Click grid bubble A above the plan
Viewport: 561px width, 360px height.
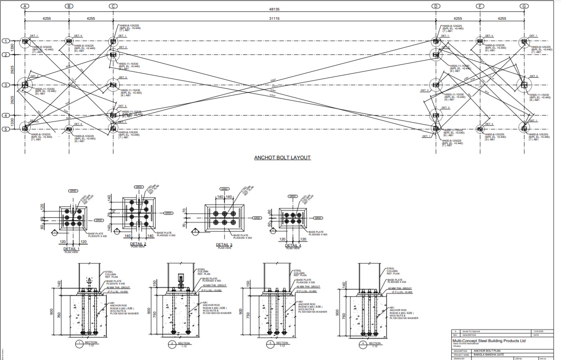coord(25,6)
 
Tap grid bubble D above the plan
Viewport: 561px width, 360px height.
coord(436,6)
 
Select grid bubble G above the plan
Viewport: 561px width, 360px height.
coord(524,6)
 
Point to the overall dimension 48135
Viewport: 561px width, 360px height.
coord(274,9)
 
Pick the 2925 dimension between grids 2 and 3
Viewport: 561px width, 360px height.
coord(13,70)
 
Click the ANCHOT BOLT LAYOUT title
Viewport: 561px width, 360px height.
coord(282,158)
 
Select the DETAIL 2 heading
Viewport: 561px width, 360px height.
coord(138,244)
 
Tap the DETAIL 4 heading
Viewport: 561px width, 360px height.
coord(293,245)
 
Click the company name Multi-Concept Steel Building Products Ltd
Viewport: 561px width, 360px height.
coord(489,341)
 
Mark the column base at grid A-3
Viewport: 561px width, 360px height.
coord(25,85)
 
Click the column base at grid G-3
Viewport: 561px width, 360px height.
coord(524,85)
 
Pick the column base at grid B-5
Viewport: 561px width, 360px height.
coord(69,129)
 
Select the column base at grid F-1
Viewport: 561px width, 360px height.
coord(480,41)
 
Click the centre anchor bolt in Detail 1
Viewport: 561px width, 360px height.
coord(73,218)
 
